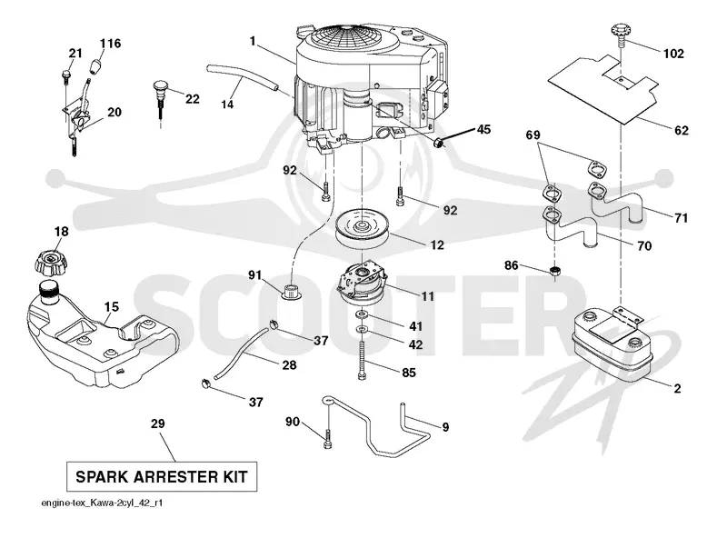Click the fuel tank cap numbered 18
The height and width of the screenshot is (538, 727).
pyautogui.click(x=51, y=263)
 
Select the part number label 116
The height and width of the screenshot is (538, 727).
pyautogui.click(x=110, y=44)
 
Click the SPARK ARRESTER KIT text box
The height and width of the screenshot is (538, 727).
pyautogui.click(x=162, y=477)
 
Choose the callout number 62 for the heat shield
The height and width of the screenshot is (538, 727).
pyautogui.click(x=681, y=130)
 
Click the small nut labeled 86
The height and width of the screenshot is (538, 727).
pyautogui.click(x=555, y=271)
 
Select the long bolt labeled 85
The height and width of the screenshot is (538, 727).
pyautogui.click(x=362, y=361)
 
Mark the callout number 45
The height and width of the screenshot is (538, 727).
pyautogui.click(x=483, y=129)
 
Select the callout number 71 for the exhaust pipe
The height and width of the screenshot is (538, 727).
pyautogui.click(x=681, y=217)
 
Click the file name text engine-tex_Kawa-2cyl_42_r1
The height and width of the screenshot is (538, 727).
pyautogui.click(x=102, y=503)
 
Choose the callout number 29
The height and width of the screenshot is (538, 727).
pyautogui.click(x=157, y=423)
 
